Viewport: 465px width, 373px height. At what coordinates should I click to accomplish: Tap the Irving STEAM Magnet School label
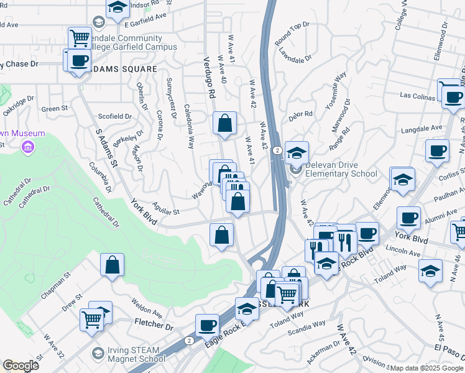click(128, 353)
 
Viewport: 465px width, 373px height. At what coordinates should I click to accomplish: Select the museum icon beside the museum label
click(27, 147)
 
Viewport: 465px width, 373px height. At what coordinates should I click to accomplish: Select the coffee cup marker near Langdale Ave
click(437, 150)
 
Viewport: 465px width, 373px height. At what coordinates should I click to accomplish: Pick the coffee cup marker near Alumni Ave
click(408, 217)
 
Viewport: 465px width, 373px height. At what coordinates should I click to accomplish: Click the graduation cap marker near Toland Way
click(430, 270)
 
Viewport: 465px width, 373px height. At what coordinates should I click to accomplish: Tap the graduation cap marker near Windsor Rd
click(117, 7)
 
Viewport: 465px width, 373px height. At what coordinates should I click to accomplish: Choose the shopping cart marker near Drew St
click(91, 319)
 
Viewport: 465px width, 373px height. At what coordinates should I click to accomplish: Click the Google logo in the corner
click(21, 366)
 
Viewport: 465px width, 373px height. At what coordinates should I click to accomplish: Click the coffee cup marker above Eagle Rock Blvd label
click(207, 325)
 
